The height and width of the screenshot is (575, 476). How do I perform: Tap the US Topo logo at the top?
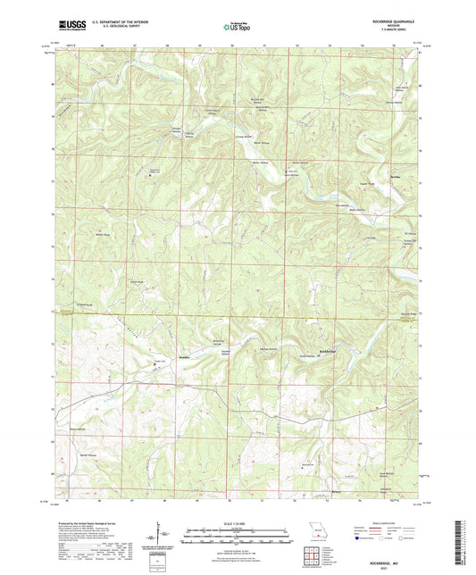(x=238, y=27)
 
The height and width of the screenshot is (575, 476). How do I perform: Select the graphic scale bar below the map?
(x=238, y=533)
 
